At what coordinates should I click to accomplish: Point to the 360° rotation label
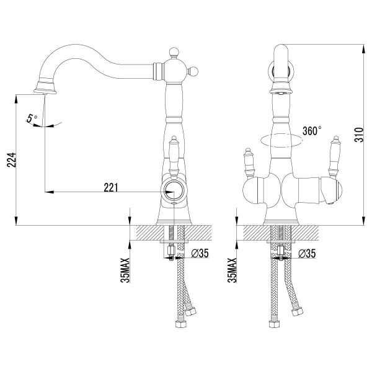pyautogui.click(x=312, y=131)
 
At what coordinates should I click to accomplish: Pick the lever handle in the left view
pyautogui.click(x=173, y=155)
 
